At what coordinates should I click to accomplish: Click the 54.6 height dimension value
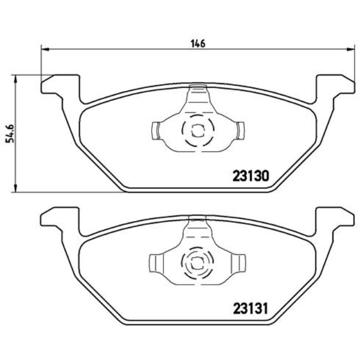pos(9,132)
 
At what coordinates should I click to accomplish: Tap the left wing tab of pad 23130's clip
pos(157,130)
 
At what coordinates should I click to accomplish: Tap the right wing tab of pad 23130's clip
pos(239,130)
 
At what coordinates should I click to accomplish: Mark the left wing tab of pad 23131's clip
pos(157,261)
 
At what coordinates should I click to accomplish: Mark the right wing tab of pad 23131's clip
pos(239,261)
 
